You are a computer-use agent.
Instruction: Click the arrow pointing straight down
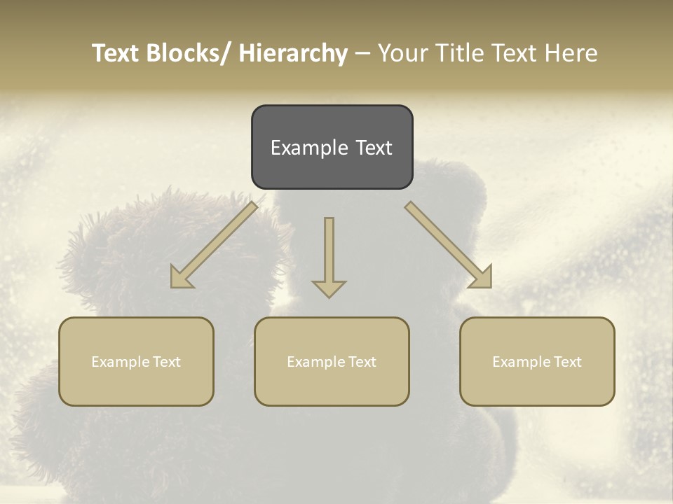tap(329, 255)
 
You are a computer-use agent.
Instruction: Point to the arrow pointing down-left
tap(214, 245)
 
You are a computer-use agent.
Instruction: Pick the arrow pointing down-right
tap(449, 245)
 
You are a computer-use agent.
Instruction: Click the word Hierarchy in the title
tap(293, 53)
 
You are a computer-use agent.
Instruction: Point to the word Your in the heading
tap(402, 53)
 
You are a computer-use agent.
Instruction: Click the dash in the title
tap(362, 53)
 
